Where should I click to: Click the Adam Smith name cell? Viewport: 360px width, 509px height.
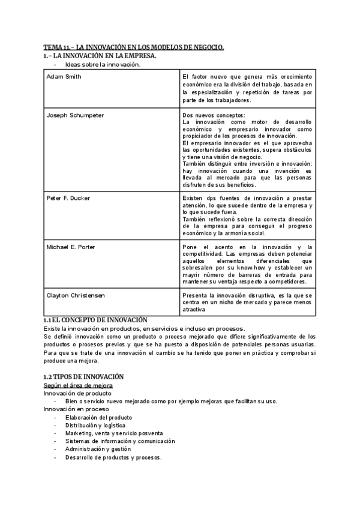pos(64,76)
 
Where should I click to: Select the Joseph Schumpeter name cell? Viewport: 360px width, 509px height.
pos(75,115)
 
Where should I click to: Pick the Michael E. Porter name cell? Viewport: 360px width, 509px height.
pos(71,247)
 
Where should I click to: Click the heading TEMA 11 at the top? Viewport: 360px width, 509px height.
pos(134,47)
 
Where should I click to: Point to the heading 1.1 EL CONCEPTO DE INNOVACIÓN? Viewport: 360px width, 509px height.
pos(95,320)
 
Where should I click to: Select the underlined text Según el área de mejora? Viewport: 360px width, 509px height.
pos(78,385)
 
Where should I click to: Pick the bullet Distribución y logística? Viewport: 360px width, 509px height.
pos(95,425)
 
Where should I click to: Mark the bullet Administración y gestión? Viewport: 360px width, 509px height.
pos(98,449)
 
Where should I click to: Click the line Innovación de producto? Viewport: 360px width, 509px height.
pos(77,393)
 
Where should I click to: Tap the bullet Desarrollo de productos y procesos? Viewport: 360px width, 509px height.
pos(113,457)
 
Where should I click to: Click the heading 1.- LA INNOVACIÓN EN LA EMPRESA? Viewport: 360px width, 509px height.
pos(100,56)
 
